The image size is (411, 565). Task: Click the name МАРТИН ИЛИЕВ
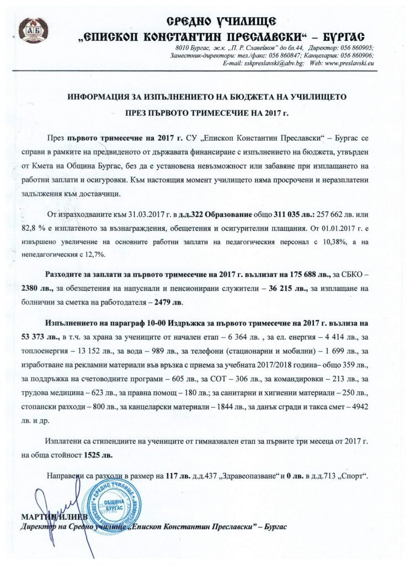pyautogui.click(x=43, y=516)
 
